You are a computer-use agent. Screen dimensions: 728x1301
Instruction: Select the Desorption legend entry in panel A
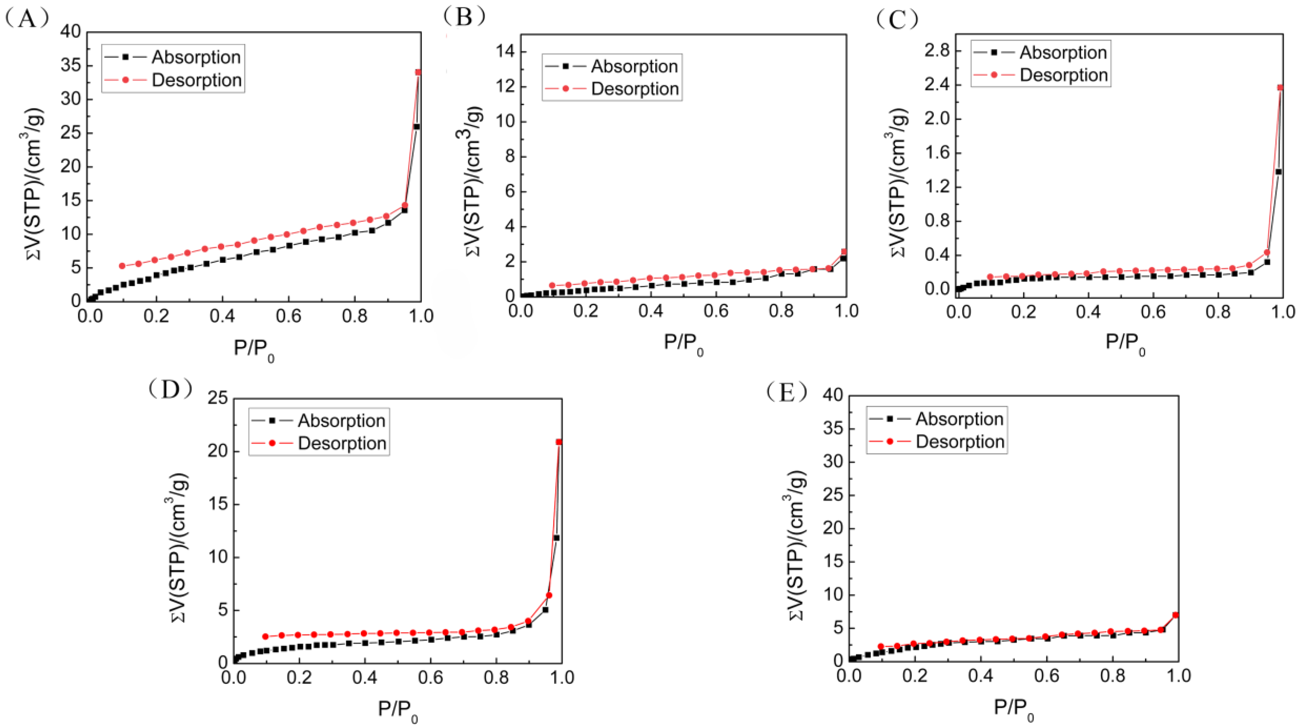coord(197,80)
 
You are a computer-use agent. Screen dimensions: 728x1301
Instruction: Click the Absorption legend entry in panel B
coord(634,66)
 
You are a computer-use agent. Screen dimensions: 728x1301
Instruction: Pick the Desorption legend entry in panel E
coord(960,442)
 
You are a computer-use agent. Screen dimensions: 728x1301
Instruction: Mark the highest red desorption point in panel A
coord(418,72)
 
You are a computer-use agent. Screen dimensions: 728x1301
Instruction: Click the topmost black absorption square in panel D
coord(556,538)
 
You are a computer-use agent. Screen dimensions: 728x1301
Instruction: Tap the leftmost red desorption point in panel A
coord(122,266)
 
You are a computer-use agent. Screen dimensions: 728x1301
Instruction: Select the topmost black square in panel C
coord(1279,172)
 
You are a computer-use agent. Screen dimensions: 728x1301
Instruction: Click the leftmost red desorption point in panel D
coord(265,637)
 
